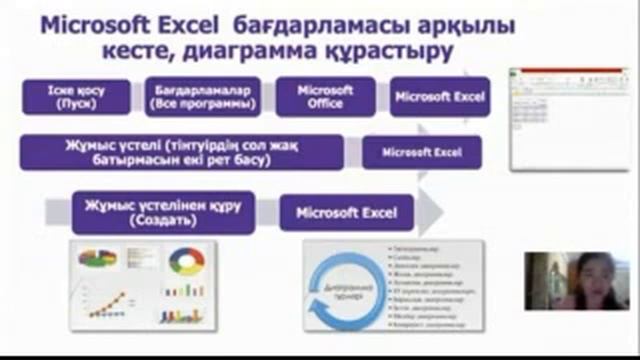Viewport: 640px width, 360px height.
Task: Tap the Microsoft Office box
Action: [325, 96]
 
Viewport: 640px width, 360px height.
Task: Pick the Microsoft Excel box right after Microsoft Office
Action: [439, 97]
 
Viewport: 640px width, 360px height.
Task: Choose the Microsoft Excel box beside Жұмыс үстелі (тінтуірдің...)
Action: [421, 153]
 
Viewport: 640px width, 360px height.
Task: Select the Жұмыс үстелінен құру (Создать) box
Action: [163, 212]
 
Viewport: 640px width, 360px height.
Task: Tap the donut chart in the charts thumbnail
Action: [186, 261]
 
